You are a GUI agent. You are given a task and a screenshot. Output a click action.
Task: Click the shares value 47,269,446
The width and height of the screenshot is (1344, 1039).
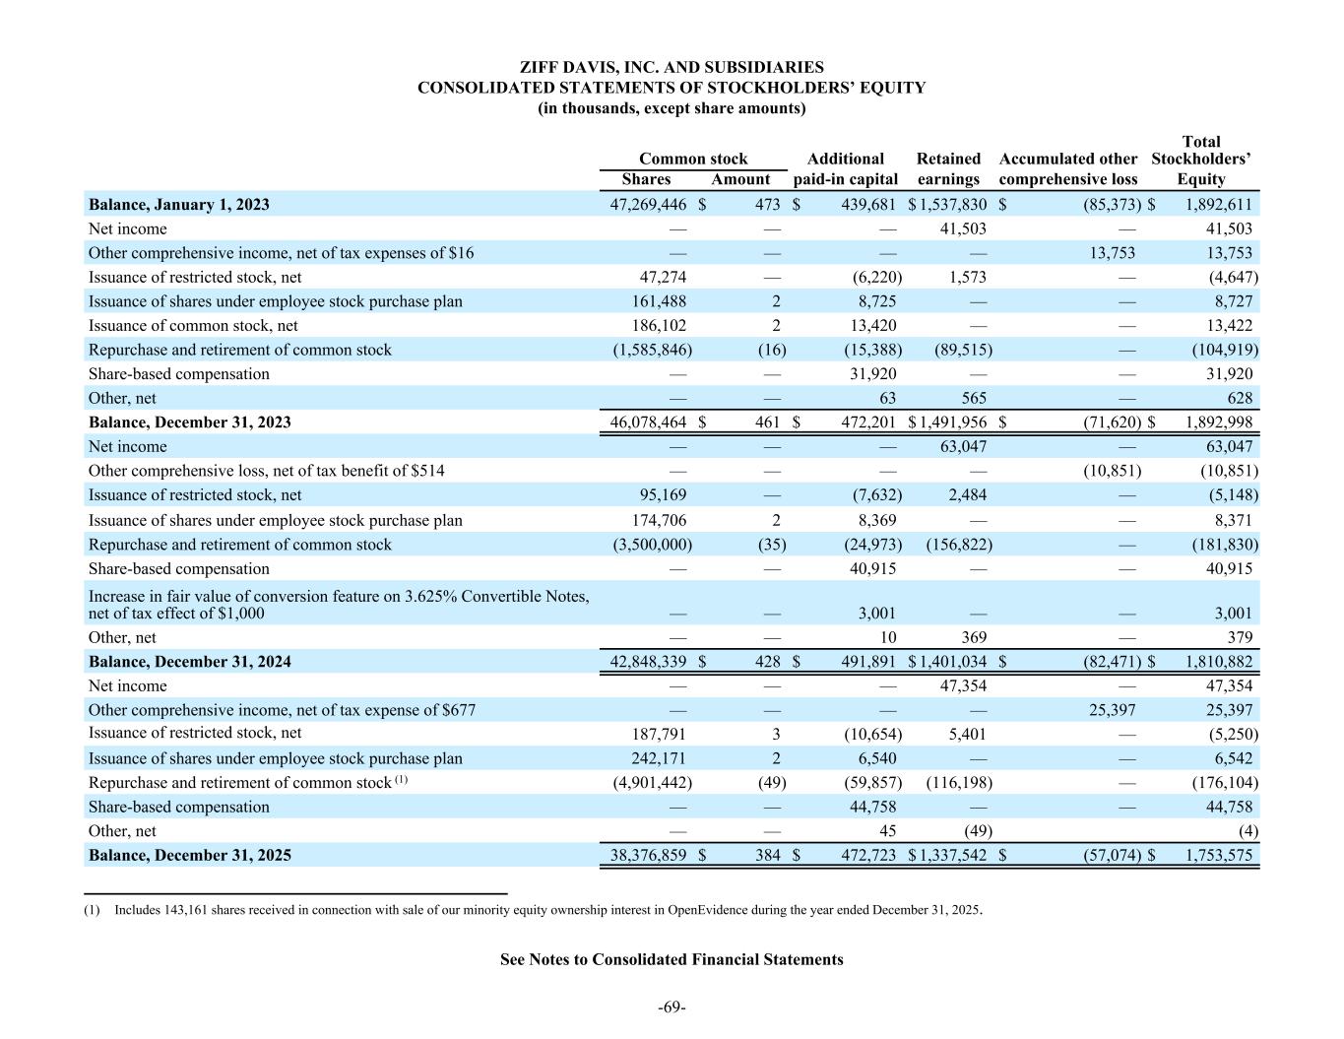649,204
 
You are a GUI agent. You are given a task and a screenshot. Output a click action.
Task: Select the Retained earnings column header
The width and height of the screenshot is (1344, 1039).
948,168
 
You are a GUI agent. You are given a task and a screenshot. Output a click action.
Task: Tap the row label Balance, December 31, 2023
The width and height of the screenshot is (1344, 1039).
190,422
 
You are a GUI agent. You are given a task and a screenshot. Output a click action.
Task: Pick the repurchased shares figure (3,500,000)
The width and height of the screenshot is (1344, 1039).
647,545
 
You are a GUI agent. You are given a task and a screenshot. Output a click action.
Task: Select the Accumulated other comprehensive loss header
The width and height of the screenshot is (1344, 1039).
1068,168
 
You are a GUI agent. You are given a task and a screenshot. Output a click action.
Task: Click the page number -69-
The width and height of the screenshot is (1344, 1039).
672,1007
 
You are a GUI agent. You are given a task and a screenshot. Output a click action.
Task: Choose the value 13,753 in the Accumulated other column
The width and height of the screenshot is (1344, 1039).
1112,252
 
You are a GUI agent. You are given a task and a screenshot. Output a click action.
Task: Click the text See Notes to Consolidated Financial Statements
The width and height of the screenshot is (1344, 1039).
672,959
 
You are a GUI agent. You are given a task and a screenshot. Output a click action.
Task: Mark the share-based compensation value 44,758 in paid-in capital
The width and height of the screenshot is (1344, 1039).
872,807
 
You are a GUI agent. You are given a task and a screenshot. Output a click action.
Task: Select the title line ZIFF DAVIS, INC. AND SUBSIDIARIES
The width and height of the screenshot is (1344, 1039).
672,67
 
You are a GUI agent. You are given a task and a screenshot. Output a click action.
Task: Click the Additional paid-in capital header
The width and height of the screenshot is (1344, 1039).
845,168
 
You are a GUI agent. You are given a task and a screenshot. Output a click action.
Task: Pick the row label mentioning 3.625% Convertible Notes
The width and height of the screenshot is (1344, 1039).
339,604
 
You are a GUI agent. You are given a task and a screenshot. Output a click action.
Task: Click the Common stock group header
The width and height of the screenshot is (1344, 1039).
693,159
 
